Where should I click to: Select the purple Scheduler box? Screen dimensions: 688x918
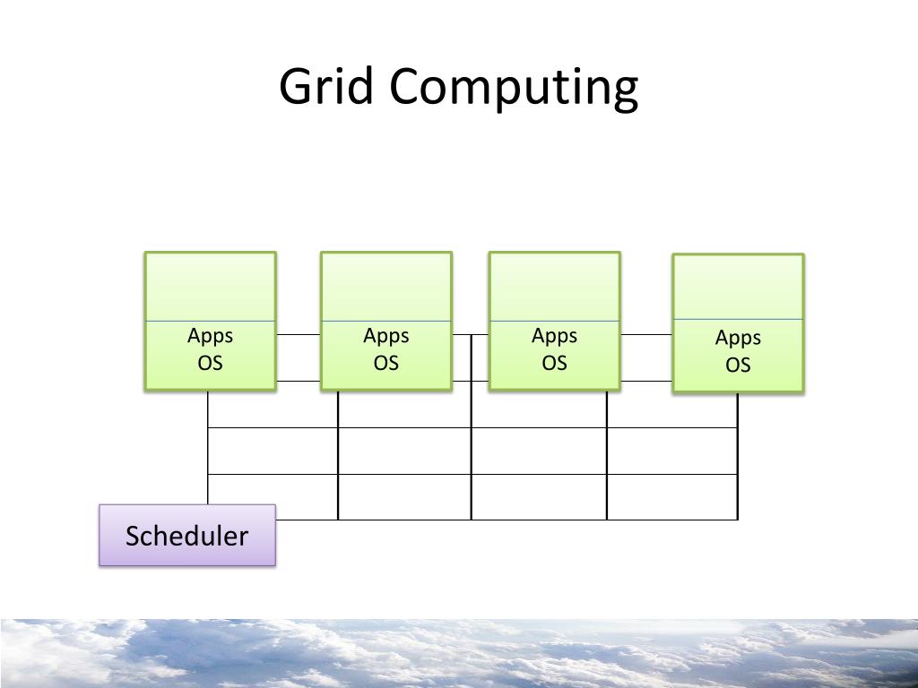coord(186,536)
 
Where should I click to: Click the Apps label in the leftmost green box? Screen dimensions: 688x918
coord(210,336)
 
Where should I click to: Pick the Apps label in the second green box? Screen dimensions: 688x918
coord(385,336)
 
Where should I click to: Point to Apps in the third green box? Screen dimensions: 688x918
coord(554,336)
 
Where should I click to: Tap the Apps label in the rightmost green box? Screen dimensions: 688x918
coord(738,338)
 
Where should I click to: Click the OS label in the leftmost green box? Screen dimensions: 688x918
coord(210,363)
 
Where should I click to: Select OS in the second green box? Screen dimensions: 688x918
coord(385,363)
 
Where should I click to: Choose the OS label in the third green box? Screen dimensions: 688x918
coord(554,363)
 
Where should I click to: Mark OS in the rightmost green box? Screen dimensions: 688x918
coord(738,365)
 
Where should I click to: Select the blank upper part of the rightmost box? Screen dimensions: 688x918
coord(738,288)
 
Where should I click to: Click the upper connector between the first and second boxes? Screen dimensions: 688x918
coord(298,334)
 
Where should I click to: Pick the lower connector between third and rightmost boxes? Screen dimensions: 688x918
coord(645,381)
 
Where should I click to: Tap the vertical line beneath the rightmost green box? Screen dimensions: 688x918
coord(738,457)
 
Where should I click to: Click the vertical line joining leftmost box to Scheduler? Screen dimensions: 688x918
coord(208,448)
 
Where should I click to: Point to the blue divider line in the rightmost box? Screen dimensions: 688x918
coord(738,319)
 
